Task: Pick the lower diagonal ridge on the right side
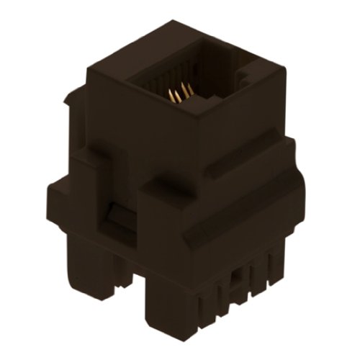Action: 238,209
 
